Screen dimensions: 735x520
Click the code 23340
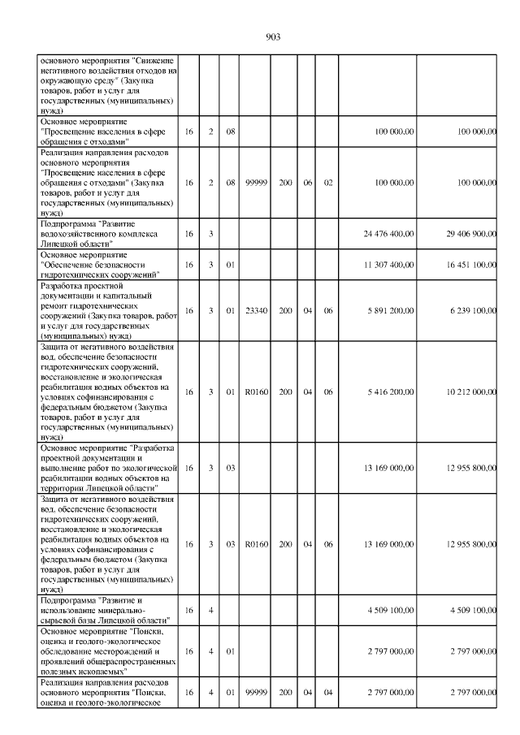pyautogui.click(x=256, y=310)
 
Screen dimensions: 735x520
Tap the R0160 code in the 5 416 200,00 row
pyautogui.click(x=256, y=391)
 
